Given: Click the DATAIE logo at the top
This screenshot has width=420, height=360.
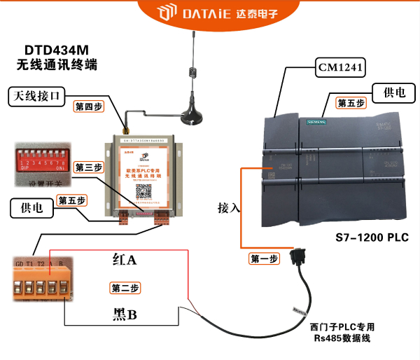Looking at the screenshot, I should (210, 13).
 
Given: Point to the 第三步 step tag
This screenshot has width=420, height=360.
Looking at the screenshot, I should (89, 167).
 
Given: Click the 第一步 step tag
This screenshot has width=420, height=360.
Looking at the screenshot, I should (265, 258).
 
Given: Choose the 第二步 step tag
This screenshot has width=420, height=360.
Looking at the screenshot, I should (125, 288).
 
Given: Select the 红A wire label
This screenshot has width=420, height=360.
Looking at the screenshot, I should (124, 260).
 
